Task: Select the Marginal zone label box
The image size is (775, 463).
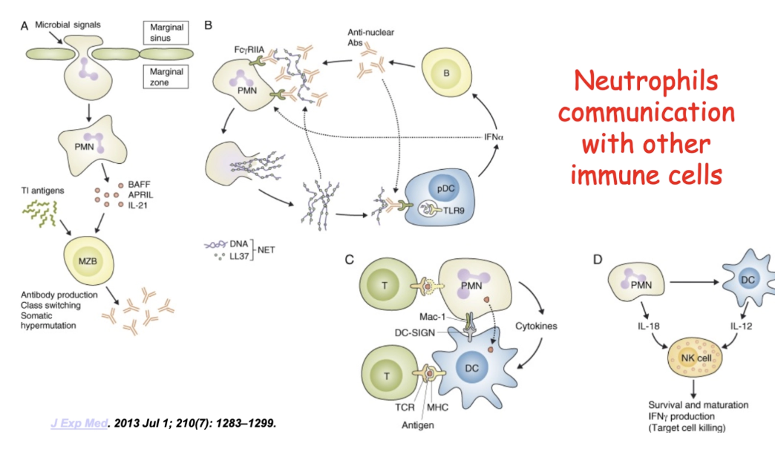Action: pos(166,78)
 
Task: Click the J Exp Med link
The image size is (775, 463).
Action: pos(74,423)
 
